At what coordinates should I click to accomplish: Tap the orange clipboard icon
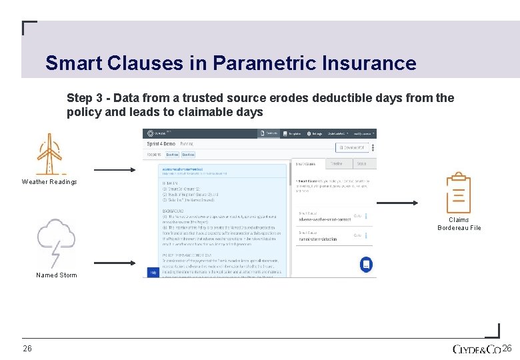(458, 193)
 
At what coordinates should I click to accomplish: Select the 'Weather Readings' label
(49, 182)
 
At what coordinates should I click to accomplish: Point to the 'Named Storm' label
(57, 275)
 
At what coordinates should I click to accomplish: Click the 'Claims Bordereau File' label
(459, 224)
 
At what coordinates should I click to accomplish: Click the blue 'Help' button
(153, 272)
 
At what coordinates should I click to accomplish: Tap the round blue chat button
(365, 264)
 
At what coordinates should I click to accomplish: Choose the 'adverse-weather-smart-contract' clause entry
(324, 218)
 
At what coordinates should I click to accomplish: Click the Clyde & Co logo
(477, 349)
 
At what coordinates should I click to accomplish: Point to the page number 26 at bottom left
(27, 349)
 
